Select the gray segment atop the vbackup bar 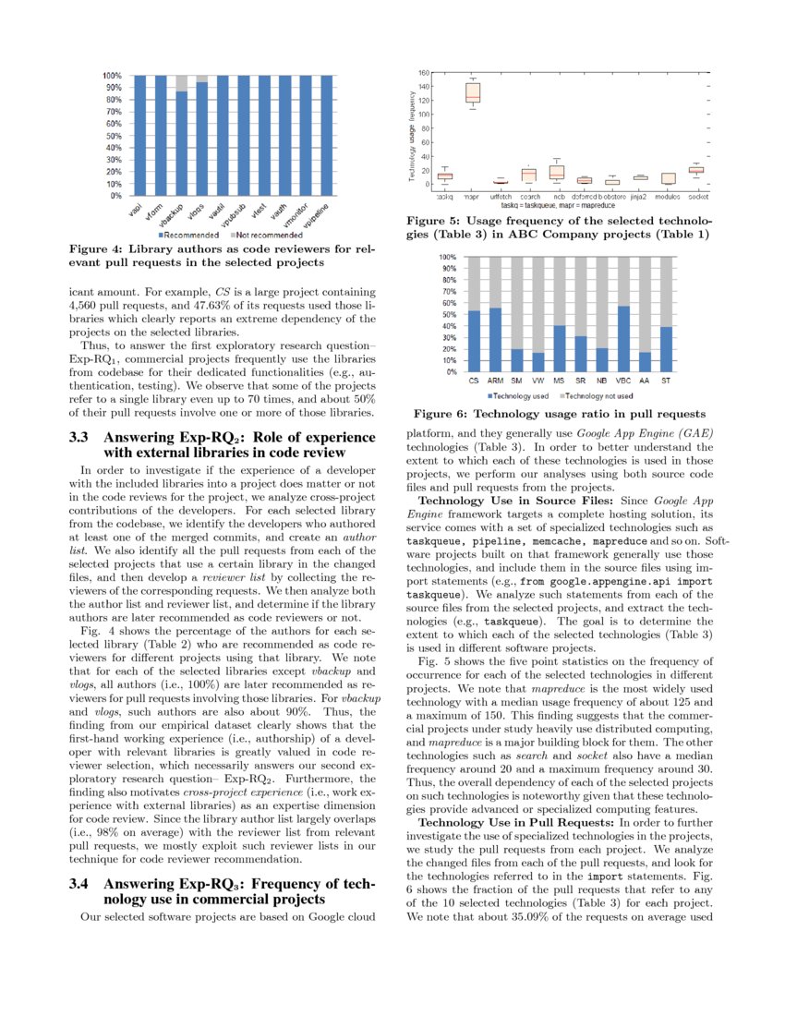181,83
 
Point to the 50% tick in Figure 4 112,136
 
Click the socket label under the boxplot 698,197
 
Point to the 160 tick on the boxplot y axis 424,73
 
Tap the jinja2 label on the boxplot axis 638,197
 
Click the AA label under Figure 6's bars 645,381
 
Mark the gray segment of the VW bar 538,304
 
